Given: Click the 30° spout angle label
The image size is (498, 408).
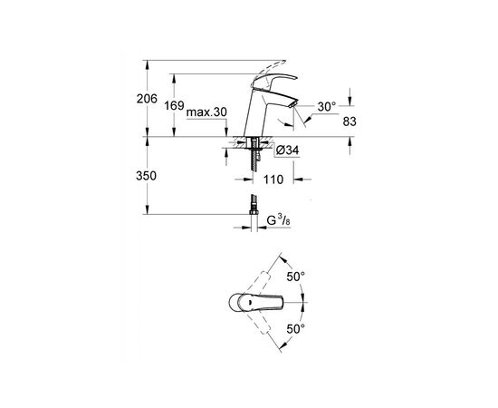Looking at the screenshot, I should pos(326,107).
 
